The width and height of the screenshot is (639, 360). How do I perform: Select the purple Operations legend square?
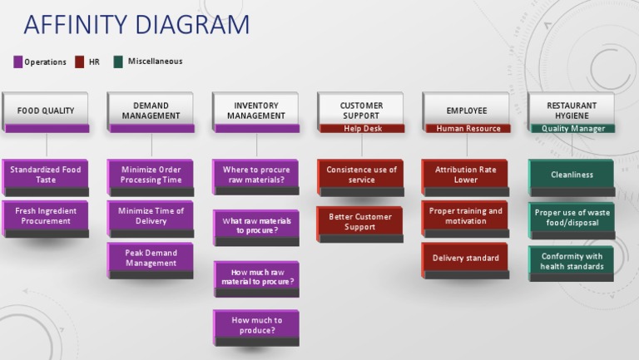18,62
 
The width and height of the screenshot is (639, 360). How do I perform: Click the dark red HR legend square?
80,62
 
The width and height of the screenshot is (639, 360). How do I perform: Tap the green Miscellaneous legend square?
118,62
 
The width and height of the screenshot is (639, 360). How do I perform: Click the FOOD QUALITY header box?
46,110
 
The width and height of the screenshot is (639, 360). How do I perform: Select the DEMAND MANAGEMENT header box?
151,110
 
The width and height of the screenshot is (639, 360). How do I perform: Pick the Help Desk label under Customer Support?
362,129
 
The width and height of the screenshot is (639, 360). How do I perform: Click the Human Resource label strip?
468,129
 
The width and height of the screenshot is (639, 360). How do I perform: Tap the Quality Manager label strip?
572,129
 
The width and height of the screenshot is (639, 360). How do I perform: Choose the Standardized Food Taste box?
46,175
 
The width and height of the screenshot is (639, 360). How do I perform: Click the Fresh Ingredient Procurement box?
46,216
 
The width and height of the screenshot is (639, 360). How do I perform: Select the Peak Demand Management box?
151,259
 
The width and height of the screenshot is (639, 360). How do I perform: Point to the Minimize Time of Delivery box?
151,216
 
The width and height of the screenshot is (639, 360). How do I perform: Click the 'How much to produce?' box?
256,325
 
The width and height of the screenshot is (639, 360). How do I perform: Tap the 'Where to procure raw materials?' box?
256,175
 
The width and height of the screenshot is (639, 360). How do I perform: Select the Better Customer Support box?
360,222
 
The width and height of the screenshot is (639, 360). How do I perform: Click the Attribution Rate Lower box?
466,175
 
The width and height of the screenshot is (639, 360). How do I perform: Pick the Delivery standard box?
466,258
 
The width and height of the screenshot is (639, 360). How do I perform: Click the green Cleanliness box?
572,175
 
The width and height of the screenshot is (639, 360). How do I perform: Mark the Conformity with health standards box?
572,261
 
